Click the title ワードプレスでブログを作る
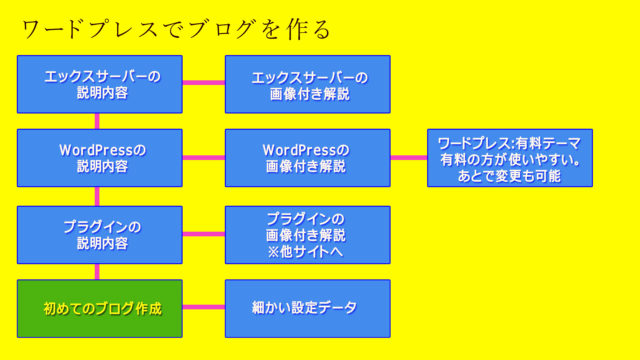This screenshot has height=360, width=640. (x=175, y=29)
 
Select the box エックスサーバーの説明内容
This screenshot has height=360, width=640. (x=100, y=84)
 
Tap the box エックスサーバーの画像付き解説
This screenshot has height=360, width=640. (x=307, y=84)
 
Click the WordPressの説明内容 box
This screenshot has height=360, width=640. (x=100, y=158)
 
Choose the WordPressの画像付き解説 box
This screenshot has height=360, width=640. (x=307, y=158)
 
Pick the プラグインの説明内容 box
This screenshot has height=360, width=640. (x=100, y=235)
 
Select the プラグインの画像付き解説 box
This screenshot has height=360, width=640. (x=307, y=235)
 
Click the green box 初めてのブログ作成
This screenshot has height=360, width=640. (x=100, y=308)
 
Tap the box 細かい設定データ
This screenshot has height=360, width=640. (x=307, y=308)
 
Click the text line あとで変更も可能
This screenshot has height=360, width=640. (x=510, y=176)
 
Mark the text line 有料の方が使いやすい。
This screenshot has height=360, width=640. (x=510, y=158)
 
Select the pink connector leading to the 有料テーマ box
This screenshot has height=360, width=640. (x=408, y=157)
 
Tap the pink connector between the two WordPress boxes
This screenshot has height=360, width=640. (x=204, y=157)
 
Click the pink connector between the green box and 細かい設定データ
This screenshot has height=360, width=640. (x=204, y=307)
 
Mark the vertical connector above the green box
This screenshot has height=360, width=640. (x=97, y=271)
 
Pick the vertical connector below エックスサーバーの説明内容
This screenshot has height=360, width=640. (x=97, y=121)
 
